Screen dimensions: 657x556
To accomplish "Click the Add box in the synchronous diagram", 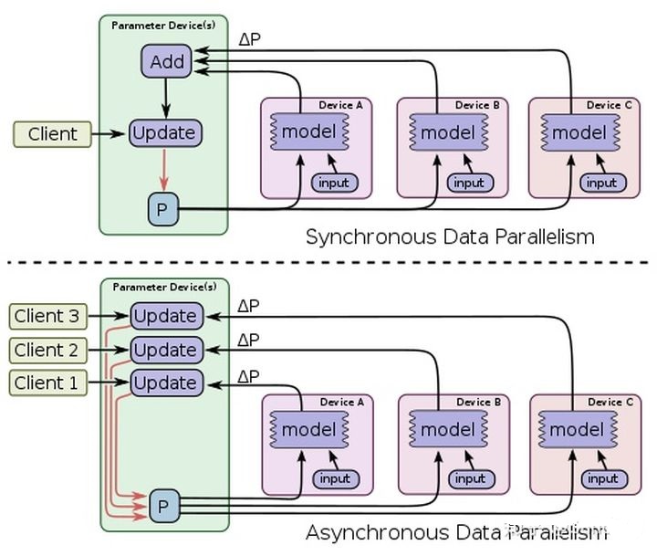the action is (x=166, y=61).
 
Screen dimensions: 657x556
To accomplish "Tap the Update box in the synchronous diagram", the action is (x=165, y=133).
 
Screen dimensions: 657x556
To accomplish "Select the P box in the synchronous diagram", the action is (x=163, y=209).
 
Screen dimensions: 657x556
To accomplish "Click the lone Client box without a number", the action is (x=52, y=134).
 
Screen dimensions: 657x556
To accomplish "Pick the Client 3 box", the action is (x=47, y=316).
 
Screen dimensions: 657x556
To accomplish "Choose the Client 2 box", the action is (x=47, y=350).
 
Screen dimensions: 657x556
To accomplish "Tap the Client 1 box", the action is (x=47, y=383).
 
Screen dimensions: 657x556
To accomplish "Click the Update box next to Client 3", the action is (x=167, y=316).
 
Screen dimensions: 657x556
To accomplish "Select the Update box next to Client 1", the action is (x=167, y=383).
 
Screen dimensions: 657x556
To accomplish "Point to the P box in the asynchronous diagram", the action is (x=164, y=506).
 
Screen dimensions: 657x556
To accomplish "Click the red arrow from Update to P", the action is (x=164, y=170).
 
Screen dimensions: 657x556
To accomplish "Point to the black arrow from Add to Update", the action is (x=166, y=98).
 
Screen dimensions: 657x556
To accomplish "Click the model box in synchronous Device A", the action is (x=309, y=131).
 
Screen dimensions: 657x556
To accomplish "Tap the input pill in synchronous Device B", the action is (x=470, y=183).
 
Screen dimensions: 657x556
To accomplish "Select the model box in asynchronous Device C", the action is (x=578, y=429).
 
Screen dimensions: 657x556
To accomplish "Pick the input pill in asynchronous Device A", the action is (x=336, y=478).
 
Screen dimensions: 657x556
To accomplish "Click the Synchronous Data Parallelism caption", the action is (x=450, y=236).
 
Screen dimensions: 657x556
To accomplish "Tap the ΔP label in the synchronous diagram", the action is (x=249, y=39).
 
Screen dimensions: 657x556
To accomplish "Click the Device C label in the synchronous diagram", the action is (x=609, y=105).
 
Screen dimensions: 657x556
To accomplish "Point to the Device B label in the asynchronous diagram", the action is (x=478, y=402).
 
